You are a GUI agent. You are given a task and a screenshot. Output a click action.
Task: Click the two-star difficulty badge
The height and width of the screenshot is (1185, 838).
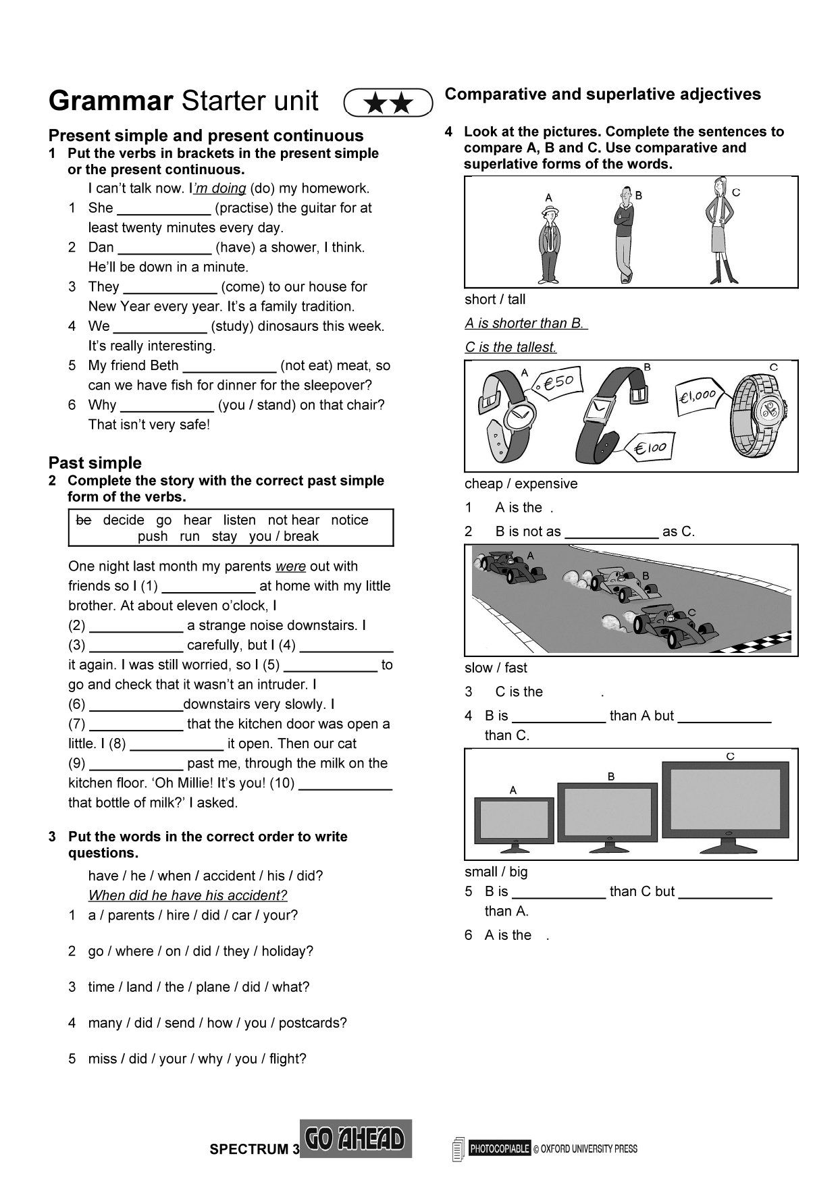[x=388, y=103]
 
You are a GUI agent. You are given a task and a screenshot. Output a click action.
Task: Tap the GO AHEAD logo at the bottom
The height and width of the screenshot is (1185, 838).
[x=355, y=1139]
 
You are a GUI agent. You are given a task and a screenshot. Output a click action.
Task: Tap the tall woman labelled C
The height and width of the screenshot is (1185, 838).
[x=718, y=230]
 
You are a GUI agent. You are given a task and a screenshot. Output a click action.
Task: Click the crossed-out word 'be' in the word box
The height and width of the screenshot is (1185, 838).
[x=83, y=520]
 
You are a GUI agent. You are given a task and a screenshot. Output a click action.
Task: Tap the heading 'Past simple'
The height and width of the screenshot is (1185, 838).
[x=95, y=463]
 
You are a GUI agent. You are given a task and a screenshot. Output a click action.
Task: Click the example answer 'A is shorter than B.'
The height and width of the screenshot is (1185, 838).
[x=525, y=323]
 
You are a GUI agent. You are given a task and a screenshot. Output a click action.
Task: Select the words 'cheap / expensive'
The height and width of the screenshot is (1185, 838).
[x=521, y=483]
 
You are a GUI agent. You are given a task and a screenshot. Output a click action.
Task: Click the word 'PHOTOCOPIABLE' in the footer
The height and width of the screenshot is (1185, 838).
[x=500, y=1149]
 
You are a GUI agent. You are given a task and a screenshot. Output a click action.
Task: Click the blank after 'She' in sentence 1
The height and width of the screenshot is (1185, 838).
[x=163, y=209]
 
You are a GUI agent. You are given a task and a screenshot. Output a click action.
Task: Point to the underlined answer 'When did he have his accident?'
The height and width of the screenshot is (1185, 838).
[x=188, y=895]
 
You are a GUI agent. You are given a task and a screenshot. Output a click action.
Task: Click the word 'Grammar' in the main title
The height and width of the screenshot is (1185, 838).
[x=111, y=101]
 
